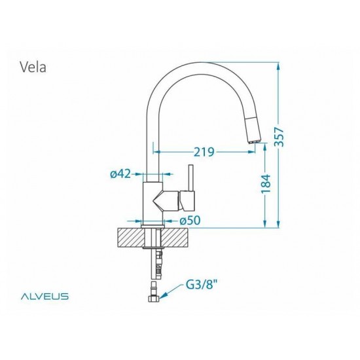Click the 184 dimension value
tap(265, 183)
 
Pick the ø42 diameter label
tap(121, 173)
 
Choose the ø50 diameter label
tap(189, 221)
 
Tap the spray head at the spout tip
tap(252, 134)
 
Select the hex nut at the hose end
tap(153, 297)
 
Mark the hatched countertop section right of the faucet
tap(179, 237)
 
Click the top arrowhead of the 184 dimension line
tap(265, 148)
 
